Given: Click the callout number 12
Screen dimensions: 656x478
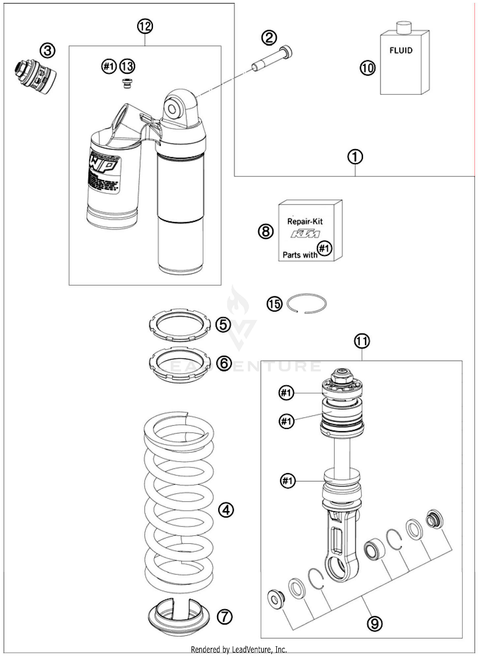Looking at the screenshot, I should (145, 26).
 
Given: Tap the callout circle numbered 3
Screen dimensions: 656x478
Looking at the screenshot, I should (47, 51).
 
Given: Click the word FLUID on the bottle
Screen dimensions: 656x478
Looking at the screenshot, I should (401, 50).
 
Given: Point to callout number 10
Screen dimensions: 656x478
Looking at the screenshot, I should (368, 68).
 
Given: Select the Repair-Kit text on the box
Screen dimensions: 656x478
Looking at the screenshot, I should (305, 221).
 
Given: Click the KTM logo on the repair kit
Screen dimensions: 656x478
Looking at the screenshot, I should (305, 234).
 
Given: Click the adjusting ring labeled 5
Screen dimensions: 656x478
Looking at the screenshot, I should (180, 325).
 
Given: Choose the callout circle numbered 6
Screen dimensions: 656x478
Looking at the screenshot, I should (224, 363).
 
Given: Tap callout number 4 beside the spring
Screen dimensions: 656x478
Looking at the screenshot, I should (226, 510).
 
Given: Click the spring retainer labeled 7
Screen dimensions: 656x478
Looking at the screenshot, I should (179, 616).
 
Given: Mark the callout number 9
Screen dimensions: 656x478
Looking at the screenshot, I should (374, 623).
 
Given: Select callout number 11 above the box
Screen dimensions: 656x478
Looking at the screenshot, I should (362, 341).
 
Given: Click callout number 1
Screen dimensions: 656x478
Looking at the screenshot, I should (355, 157).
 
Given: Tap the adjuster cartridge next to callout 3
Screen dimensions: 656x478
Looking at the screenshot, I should (35, 77).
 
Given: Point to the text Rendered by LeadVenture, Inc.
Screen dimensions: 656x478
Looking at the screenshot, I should (239, 649).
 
